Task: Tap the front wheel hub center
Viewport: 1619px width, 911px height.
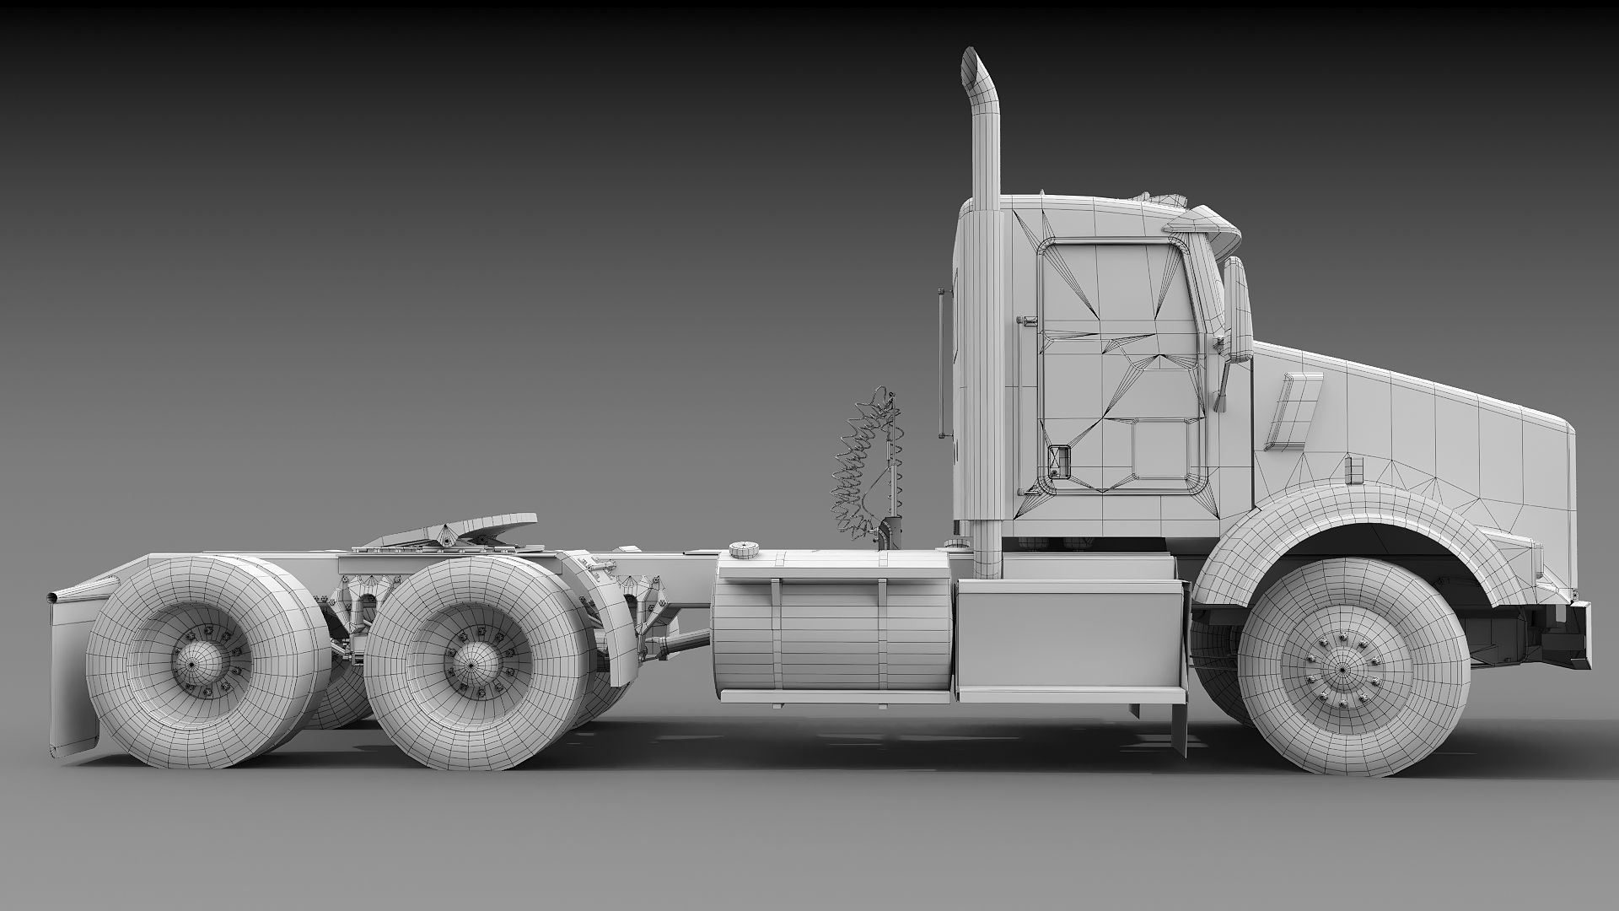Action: [x=1341, y=670]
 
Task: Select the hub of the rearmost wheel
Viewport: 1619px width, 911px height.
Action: [x=193, y=663]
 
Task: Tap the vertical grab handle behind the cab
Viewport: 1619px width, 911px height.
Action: [x=941, y=364]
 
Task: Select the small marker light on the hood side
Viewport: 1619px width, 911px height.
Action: [x=1355, y=469]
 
